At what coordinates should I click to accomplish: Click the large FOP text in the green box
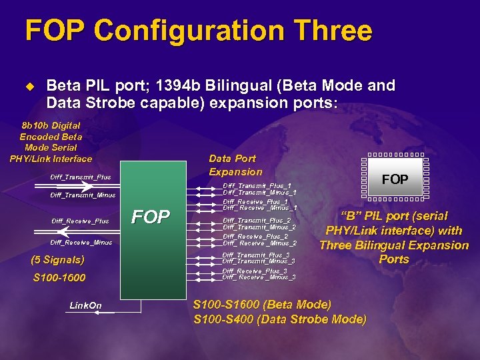coord(151,217)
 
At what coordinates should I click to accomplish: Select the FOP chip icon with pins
coord(395,179)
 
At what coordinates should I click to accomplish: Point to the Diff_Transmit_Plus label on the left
coord(81,177)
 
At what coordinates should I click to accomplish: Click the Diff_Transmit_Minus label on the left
coord(83,195)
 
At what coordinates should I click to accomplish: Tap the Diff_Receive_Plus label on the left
coord(80,221)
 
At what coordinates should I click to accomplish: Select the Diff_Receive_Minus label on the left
coord(81,243)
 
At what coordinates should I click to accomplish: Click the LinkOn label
coord(86,305)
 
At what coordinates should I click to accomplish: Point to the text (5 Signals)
coord(59,260)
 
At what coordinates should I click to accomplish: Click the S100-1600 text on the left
coord(59,277)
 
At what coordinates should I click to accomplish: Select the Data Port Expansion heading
coord(235,165)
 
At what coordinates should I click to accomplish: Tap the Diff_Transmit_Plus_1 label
coord(257,185)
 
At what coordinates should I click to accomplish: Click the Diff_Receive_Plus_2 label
coord(255,236)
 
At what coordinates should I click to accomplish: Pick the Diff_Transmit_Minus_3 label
coord(259,261)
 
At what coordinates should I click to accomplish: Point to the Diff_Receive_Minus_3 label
coord(259,277)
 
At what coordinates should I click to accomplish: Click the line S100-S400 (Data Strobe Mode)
coord(279,319)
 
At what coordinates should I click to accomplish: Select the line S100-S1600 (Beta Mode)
coord(262,305)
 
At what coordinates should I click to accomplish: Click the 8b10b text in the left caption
coord(35,125)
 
